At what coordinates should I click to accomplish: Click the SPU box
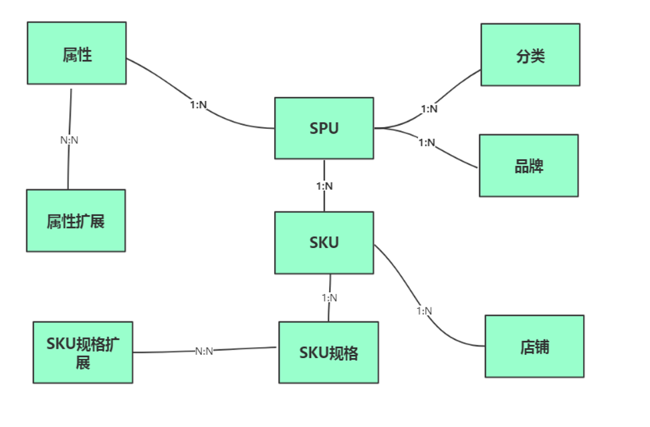(324, 128)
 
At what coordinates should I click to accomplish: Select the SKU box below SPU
(324, 243)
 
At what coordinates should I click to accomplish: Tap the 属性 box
(77, 53)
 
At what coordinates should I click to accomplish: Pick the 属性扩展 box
(76, 221)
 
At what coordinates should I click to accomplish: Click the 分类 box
(530, 55)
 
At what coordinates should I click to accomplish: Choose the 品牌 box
(529, 166)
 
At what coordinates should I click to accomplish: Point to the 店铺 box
(534, 346)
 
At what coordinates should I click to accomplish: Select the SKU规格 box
(328, 352)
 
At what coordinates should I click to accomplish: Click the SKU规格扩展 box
(83, 352)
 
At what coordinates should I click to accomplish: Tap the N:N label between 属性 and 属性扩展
(70, 140)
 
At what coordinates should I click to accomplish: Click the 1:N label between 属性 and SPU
(199, 104)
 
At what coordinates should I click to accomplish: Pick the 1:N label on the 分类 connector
(429, 109)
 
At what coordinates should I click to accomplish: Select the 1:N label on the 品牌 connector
(427, 142)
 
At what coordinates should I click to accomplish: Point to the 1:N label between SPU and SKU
(324, 186)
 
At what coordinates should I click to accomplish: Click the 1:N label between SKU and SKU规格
(329, 297)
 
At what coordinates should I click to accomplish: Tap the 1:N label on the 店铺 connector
(424, 311)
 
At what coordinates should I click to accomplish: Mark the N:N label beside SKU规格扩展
(204, 351)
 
